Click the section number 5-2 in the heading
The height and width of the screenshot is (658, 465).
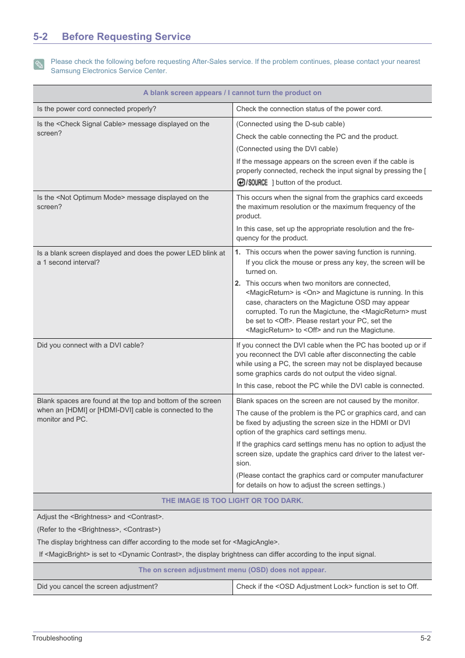(40, 37)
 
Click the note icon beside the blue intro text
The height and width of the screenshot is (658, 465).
(39, 64)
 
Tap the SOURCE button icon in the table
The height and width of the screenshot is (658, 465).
(252, 182)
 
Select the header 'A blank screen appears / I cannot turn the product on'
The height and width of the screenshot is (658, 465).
(232, 93)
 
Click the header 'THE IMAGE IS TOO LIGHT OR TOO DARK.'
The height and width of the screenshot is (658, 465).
(232, 501)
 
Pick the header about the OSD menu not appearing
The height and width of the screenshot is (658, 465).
(232, 570)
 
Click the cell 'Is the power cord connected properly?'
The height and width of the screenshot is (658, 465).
(97, 109)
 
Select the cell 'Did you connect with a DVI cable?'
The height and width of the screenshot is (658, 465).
(90, 345)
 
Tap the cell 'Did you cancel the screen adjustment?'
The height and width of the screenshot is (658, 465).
(97, 586)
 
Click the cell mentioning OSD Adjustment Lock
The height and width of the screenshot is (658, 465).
(327, 586)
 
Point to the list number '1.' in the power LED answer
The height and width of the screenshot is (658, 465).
(238, 252)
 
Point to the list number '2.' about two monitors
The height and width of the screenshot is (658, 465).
(238, 283)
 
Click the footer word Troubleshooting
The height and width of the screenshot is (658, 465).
(57, 638)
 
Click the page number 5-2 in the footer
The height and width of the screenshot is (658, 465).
(426, 638)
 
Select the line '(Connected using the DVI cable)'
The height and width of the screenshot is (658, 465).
(287, 149)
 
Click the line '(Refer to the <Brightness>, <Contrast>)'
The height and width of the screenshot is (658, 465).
(98, 529)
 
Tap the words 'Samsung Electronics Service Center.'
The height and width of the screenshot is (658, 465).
(109, 71)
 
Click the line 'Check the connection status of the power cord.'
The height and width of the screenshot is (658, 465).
(309, 109)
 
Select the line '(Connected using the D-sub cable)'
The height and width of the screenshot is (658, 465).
(290, 124)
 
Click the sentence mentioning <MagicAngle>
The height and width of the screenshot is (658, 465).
(158, 542)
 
